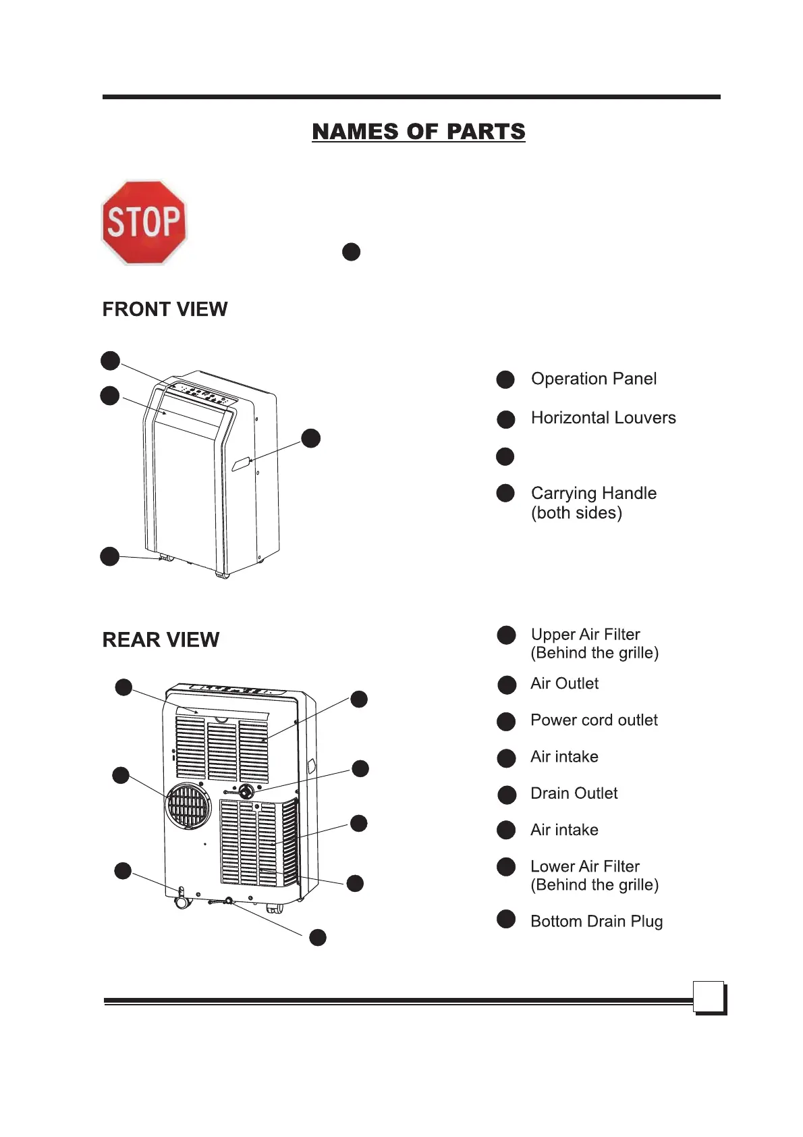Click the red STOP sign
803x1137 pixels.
pos(144,222)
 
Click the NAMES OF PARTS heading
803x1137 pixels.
pos(418,132)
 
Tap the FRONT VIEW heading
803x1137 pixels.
pos(165,309)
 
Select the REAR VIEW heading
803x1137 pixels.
pos(161,639)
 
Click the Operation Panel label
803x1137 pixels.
pos(593,379)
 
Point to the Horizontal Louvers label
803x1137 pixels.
pos(603,418)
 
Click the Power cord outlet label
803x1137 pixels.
pos(594,720)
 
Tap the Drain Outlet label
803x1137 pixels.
pos(574,793)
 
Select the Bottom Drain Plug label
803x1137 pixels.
pos(597,922)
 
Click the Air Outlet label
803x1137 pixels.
pos(564,684)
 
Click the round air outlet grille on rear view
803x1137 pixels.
pos(189,805)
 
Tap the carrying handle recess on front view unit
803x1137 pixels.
pos(241,464)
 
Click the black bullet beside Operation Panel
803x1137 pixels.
pos(505,379)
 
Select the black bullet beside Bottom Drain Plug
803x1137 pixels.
pos(506,919)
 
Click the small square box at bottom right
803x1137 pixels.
pos(709,997)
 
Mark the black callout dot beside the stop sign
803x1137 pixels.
pos(351,252)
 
